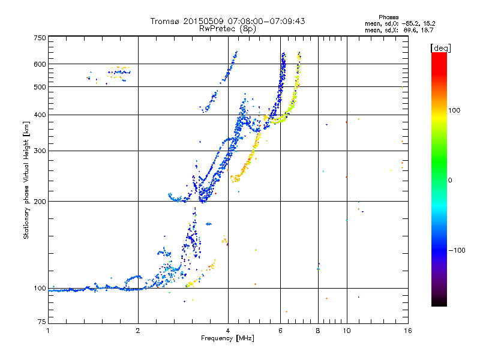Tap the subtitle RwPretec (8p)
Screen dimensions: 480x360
[227, 29]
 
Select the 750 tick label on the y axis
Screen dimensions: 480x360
[40, 38]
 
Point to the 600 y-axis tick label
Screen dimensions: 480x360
[40, 64]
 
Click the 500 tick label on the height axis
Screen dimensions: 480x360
[40, 87]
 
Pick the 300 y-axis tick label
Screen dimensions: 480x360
[40, 151]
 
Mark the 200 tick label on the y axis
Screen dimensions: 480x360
[40, 202]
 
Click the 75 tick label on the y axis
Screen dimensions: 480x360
[42, 322]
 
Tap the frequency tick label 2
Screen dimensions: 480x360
[138, 331]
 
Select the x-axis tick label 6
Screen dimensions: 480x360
[280, 331]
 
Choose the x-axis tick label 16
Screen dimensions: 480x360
[408, 331]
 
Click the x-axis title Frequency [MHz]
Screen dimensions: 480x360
[227, 338]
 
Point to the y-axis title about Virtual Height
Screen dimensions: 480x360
[26, 180]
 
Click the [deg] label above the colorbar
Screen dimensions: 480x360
[440, 48]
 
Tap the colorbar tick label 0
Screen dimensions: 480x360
[450, 181]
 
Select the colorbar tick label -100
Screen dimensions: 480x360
[457, 250]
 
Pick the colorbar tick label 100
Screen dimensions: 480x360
[454, 110]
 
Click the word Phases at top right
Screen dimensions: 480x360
[389, 17]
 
